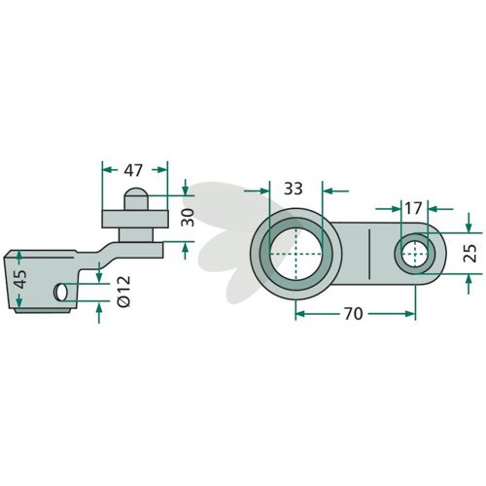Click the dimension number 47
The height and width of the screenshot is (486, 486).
point(133,170)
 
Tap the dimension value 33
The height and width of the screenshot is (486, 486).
point(294,189)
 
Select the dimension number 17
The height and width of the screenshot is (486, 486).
point(413,208)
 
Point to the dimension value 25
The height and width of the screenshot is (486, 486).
point(470,253)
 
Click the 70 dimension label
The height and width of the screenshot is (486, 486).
point(354,314)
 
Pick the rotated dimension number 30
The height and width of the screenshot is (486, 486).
point(188,218)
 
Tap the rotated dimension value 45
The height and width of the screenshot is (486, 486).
point(21,279)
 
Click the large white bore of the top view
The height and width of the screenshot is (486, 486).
point(295,254)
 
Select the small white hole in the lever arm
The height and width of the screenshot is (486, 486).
point(415,254)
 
